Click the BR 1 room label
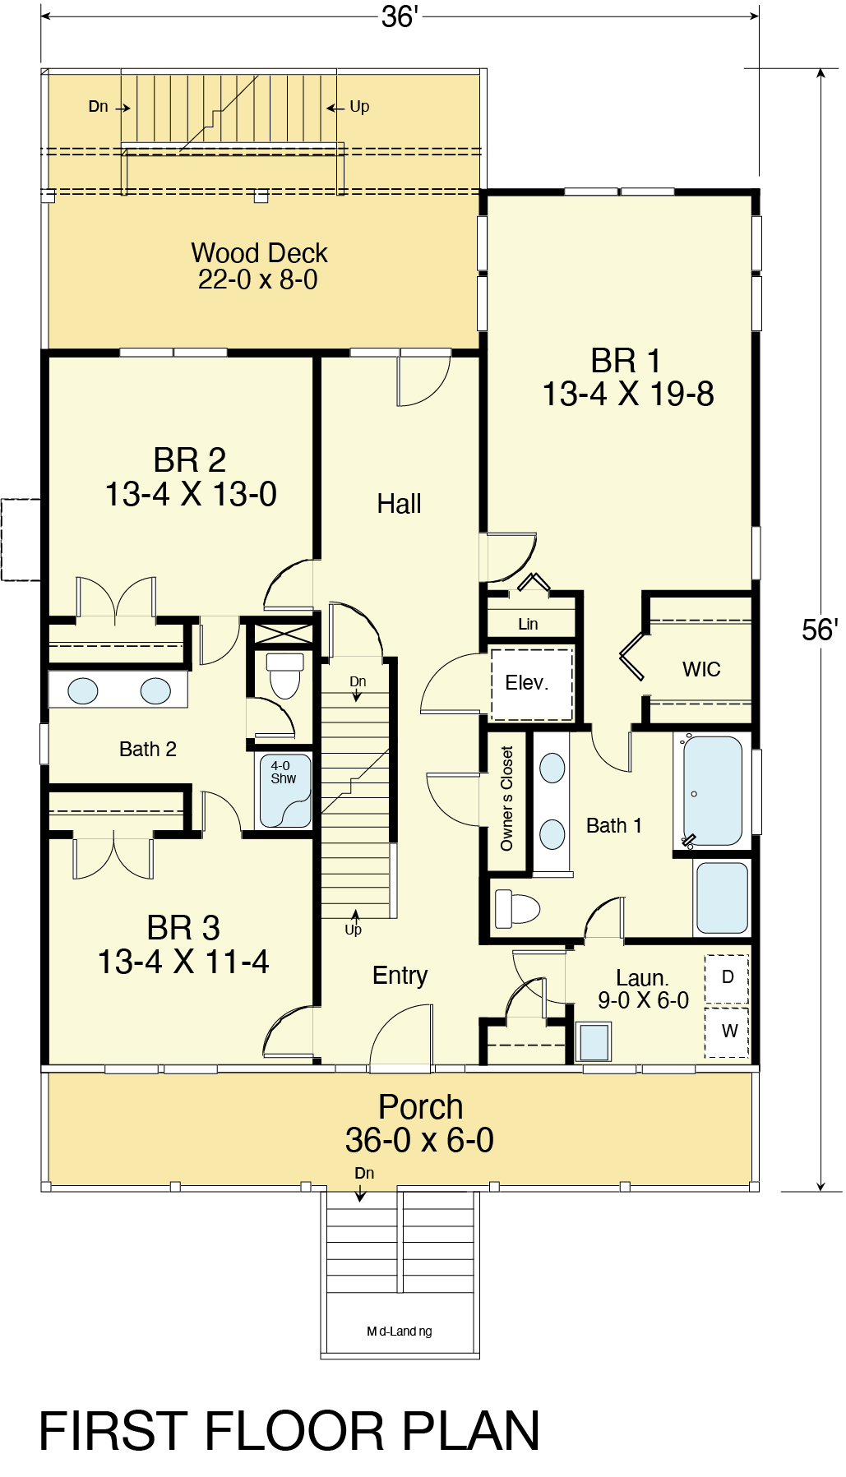click(x=627, y=377)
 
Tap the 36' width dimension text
click(x=400, y=16)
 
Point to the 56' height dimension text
click(x=820, y=630)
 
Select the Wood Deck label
click(x=259, y=265)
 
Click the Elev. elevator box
click(x=531, y=684)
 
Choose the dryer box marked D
click(x=727, y=978)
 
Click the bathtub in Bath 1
click(x=713, y=791)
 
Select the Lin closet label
click(x=528, y=624)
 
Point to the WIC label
click(x=701, y=669)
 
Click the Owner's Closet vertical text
click(x=506, y=798)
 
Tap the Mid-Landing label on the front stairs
click(x=400, y=1332)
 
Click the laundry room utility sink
click(x=594, y=1042)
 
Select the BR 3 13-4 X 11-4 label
click(x=183, y=945)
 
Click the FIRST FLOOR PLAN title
click(x=289, y=1431)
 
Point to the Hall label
click(x=399, y=504)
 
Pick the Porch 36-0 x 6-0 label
click(x=420, y=1124)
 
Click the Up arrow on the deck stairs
click(x=333, y=108)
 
